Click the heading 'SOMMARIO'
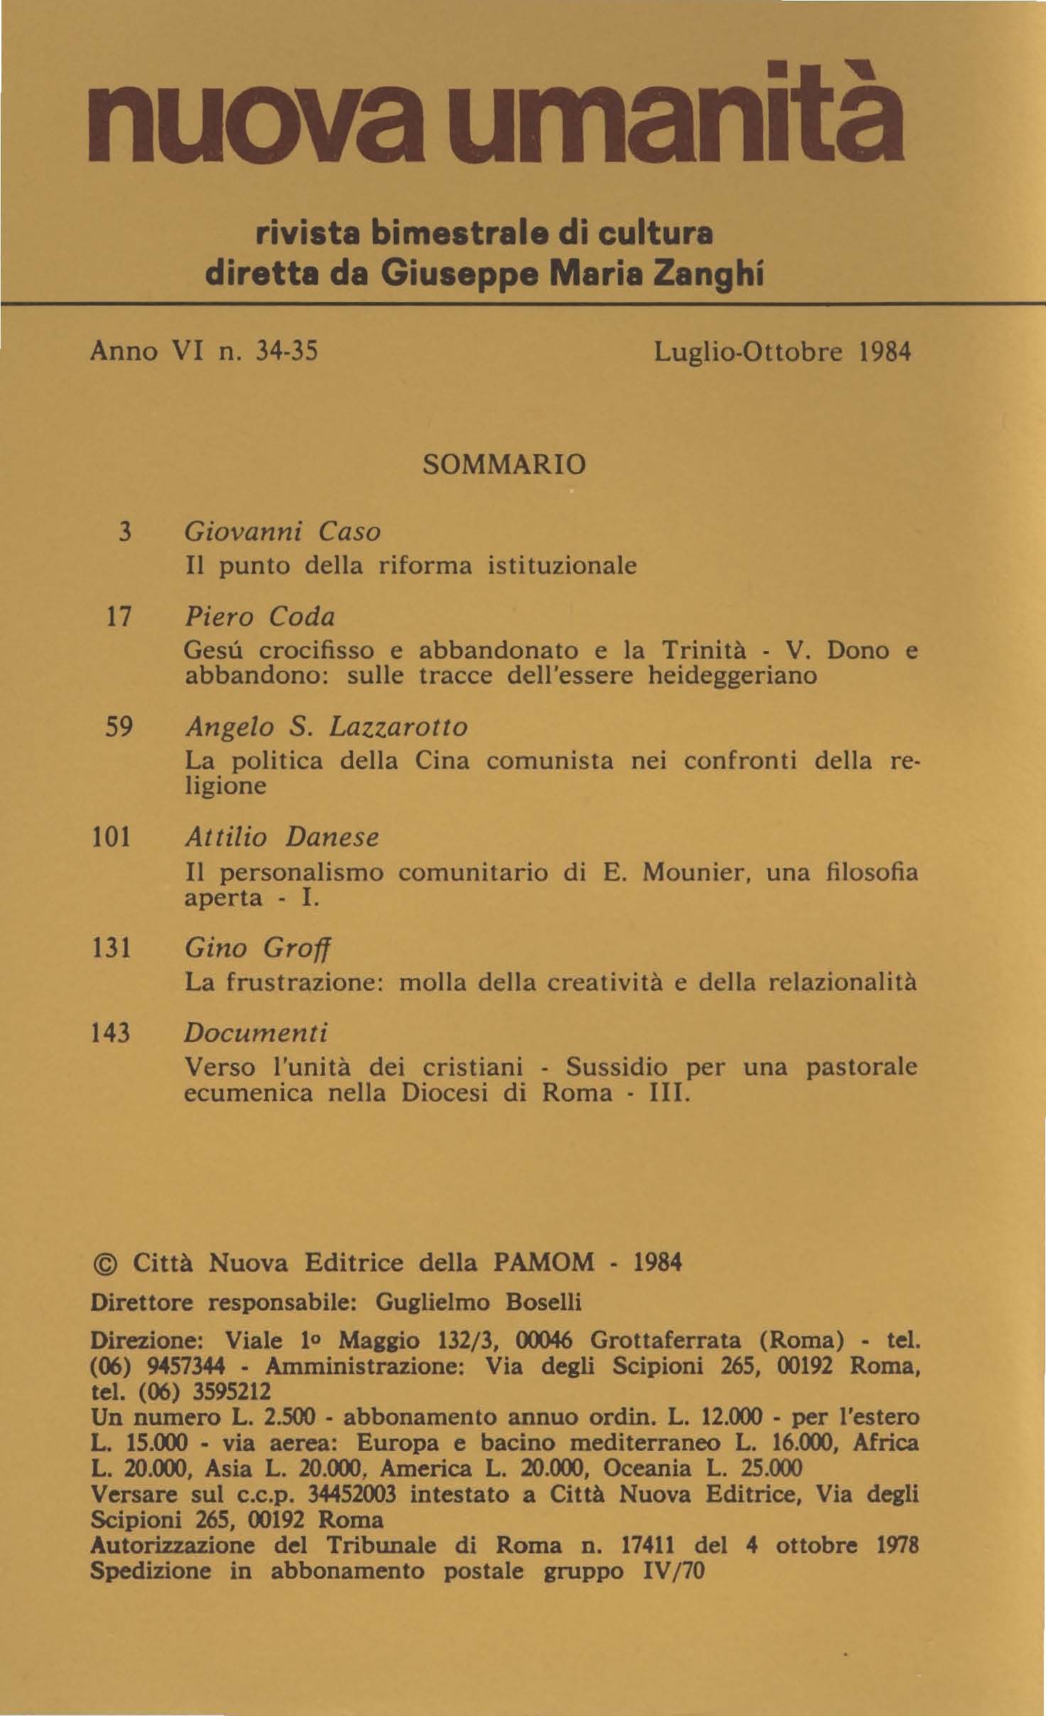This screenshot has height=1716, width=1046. coord(505,465)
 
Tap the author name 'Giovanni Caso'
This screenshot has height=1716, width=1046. coord(282,532)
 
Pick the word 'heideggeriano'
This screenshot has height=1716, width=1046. coord(732,675)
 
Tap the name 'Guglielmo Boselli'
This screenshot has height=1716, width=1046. coord(478,1303)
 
